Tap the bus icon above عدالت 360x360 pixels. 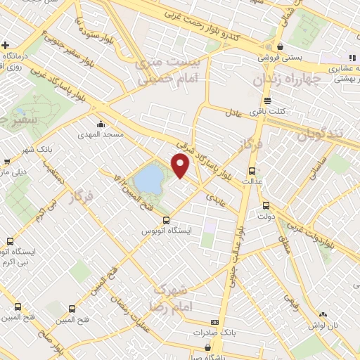pyautogui.click(x=252, y=171)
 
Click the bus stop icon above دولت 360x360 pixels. pyautogui.click(x=266, y=205)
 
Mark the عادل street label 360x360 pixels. pyautogui.click(x=233, y=112)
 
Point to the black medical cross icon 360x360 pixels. pyautogui.click(x=6, y=45)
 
